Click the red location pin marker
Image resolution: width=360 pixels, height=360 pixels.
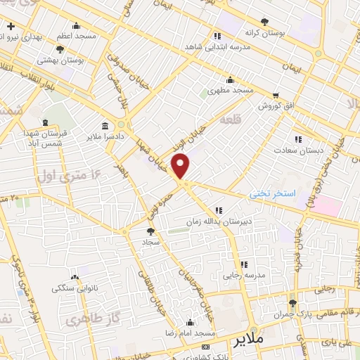point(181,167)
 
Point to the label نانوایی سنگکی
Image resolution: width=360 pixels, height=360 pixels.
point(75,288)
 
